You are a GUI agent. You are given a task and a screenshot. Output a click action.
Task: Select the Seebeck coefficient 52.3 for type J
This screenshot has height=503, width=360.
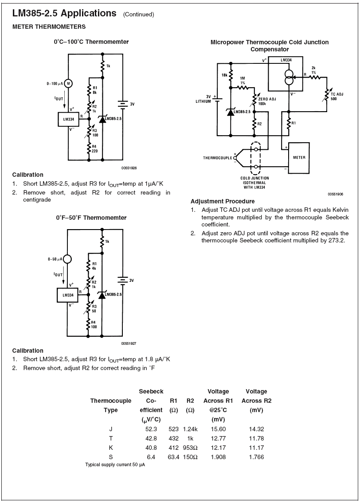[151, 429]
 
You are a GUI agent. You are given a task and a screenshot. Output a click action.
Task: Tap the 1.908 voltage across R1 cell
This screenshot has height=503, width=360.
[219, 457]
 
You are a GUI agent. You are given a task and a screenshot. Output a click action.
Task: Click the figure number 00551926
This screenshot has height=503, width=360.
[129, 168]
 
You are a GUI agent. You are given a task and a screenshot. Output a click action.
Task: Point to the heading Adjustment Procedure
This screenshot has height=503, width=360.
[223, 201]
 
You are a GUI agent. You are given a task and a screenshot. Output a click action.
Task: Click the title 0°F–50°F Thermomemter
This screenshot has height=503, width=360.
[91, 218]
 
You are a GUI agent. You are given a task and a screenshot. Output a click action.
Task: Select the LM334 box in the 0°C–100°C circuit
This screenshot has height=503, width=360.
[68, 119]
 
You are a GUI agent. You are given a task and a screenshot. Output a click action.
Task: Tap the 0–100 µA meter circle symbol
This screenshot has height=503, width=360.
[68, 83]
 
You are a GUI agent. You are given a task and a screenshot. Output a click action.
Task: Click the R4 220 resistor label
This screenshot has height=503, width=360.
[94, 149]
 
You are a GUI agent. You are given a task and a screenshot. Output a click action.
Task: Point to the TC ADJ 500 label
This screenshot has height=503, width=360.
[337, 97]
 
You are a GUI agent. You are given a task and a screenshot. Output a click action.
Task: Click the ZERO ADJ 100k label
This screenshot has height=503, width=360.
[267, 101]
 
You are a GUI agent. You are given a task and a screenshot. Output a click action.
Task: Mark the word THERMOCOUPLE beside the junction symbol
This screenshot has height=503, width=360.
[218, 158]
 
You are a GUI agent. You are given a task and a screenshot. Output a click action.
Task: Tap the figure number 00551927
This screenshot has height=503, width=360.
[129, 343]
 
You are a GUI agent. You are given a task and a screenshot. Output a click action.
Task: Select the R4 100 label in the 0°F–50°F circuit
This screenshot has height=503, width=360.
[94, 324]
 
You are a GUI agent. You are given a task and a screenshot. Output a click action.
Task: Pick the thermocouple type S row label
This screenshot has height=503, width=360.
[110, 457]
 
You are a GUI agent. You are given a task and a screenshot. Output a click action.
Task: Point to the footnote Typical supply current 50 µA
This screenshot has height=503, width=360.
[115, 465]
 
